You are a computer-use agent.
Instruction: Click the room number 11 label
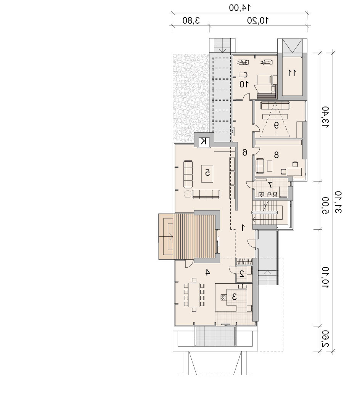tap(292, 73)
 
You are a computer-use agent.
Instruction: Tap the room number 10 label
tap(244, 84)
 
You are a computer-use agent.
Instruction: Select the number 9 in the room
tap(276, 125)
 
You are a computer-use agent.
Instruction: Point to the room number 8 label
tap(276, 154)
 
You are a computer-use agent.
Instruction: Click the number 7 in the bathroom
tap(270, 184)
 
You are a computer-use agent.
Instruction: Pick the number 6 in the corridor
tap(245, 153)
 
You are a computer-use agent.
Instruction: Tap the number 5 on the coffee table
tap(208, 173)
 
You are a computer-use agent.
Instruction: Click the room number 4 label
tap(208, 273)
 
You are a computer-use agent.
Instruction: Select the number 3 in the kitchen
tap(235, 296)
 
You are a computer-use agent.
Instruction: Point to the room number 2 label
tap(242, 274)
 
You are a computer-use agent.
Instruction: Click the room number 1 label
tap(243, 228)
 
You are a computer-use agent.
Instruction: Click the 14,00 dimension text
tap(239, 8)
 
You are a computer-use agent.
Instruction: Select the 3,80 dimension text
tap(191, 21)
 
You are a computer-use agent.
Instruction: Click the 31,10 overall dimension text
tap(338, 202)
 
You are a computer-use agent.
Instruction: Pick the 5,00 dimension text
tap(325, 206)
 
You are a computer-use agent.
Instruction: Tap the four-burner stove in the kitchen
tap(223, 297)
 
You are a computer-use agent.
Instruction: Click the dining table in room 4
tap(194, 295)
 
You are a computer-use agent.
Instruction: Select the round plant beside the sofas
tap(188, 194)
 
